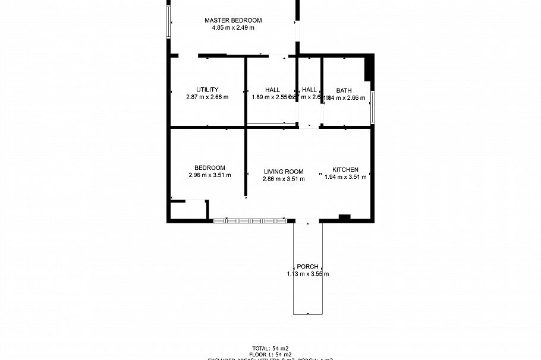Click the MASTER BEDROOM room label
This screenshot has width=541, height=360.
pos(233,20)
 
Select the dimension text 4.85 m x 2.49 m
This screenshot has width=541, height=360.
pos(233,28)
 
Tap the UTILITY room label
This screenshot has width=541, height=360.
pos(207,90)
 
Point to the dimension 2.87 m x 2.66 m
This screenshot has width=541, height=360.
pos(207,97)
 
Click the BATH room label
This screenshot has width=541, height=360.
pos(344,90)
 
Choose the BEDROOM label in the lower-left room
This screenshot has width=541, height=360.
pos(209,168)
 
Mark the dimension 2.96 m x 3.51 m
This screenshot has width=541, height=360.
pos(209,175)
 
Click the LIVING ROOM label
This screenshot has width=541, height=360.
pos(284,172)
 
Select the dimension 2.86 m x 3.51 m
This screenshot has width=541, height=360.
pos(284,179)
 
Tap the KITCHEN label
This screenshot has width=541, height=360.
pos(345,169)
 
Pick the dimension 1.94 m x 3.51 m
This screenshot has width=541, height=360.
pos(345,176)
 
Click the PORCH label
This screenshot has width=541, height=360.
pos(308,267)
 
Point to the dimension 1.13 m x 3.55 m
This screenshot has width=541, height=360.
pos(308,274)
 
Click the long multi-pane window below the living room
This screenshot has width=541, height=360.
pos(250,221)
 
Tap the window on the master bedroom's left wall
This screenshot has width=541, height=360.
pos(169,21)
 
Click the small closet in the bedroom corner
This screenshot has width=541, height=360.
pos(188,210)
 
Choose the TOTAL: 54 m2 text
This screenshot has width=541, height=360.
pos(270,348)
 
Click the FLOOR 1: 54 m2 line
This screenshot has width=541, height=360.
pos(270,355)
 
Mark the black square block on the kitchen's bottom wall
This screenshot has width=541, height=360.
pos(344,217)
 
